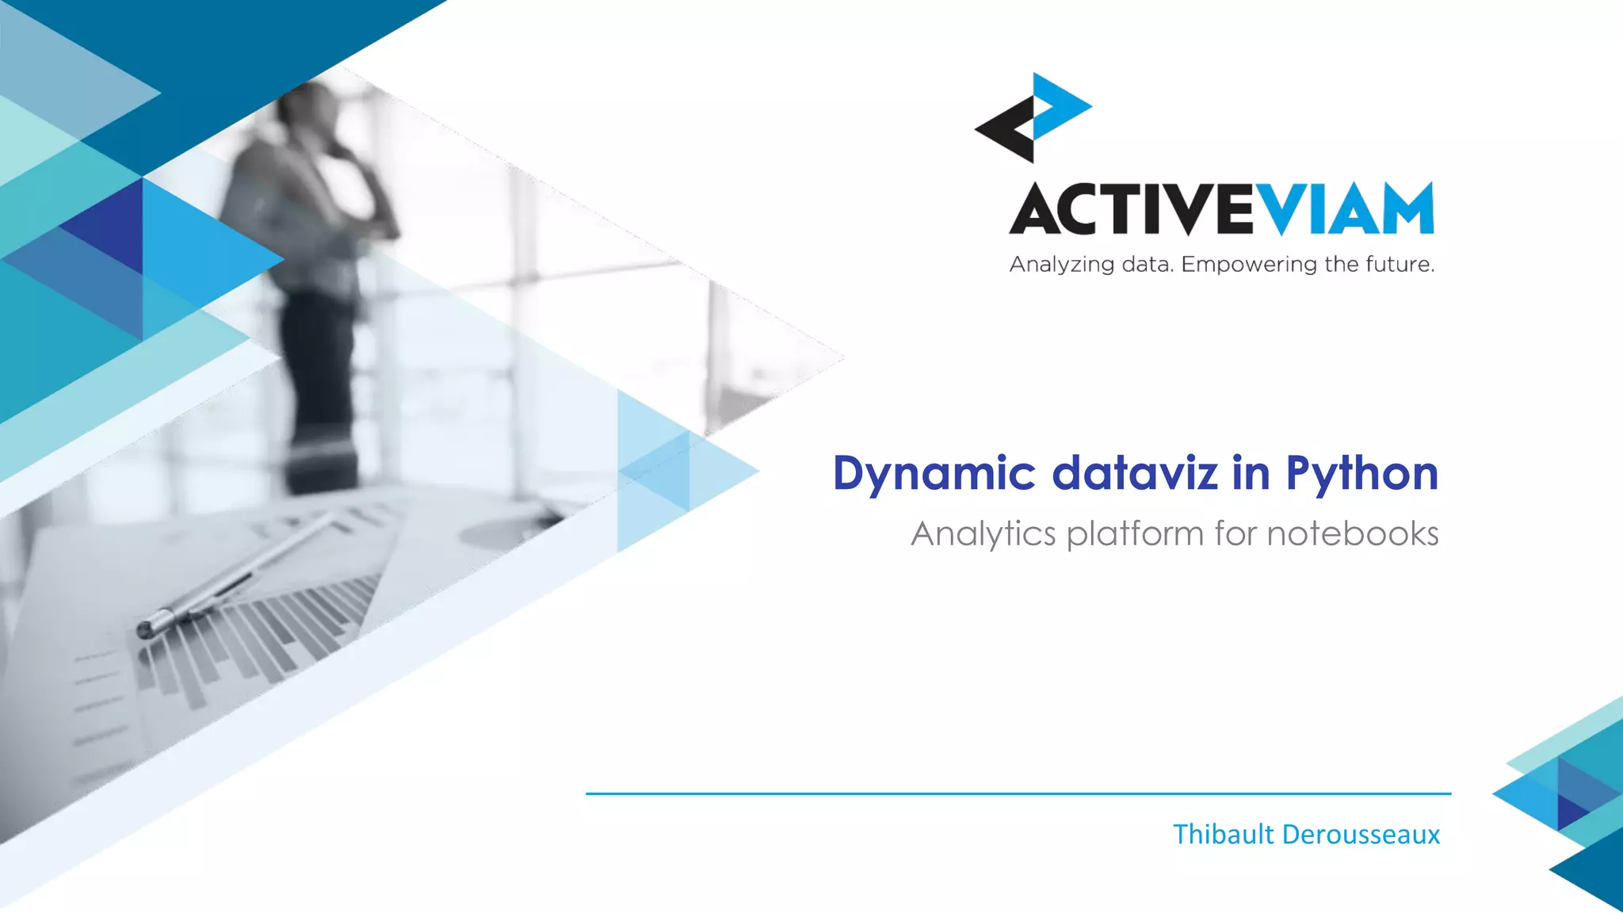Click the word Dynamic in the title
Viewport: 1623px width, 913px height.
(934, 474)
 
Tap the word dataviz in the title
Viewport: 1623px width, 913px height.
(1134, 473)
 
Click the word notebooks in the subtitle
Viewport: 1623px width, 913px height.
(1352, 533)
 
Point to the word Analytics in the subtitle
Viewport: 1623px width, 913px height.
(983, 534)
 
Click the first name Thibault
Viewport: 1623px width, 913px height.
(1223, 835)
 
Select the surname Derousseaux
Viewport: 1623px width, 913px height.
(1361, 835)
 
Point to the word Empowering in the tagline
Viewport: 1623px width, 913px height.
(1249, 264)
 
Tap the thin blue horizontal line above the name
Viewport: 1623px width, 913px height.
(1018, 793)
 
